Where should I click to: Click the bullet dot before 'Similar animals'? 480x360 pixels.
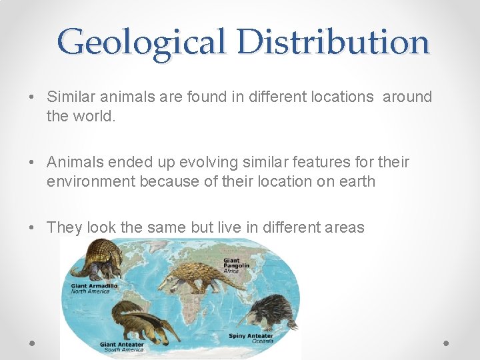click(x=32, y=97)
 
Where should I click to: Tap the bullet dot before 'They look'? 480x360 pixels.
click(x=32, y=228)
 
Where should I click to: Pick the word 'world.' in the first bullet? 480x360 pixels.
click(x=81, y=116)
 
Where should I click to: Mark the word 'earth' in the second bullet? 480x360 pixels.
click(x=356, y=181)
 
